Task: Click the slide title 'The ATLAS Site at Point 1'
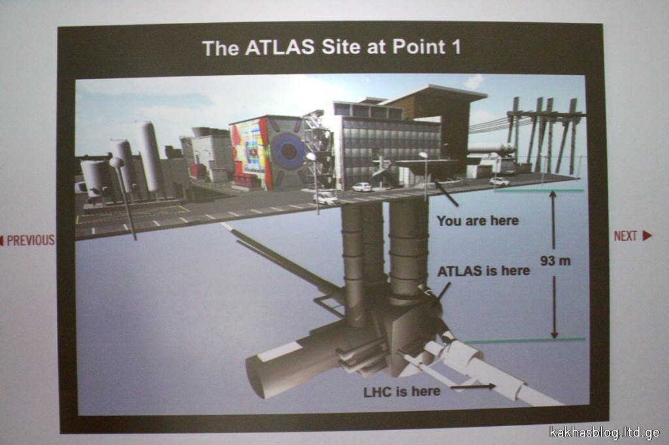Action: click(x=331, y=48)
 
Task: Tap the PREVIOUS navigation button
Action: click(x=27, y=240)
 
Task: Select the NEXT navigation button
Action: click(x=632, y=236)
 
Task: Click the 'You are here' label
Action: click(x=478, y=221)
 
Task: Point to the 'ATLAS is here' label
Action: click(x=483, y=271)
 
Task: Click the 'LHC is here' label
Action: click(x=402, y=391)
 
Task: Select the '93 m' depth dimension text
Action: click(x=555, y=260)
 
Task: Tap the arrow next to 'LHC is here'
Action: click(x=473, y=387)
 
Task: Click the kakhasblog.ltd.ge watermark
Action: click(x=604, y=432)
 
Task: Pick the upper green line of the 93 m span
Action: click(x=539, y=190)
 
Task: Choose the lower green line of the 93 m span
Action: click(x=525, y=341)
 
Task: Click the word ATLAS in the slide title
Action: click(x=280, y=48)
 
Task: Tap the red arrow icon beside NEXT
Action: click(x=647, y=236)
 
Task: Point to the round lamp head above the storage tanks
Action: click(x=116, y=162)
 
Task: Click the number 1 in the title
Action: click(x=457, y=46)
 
